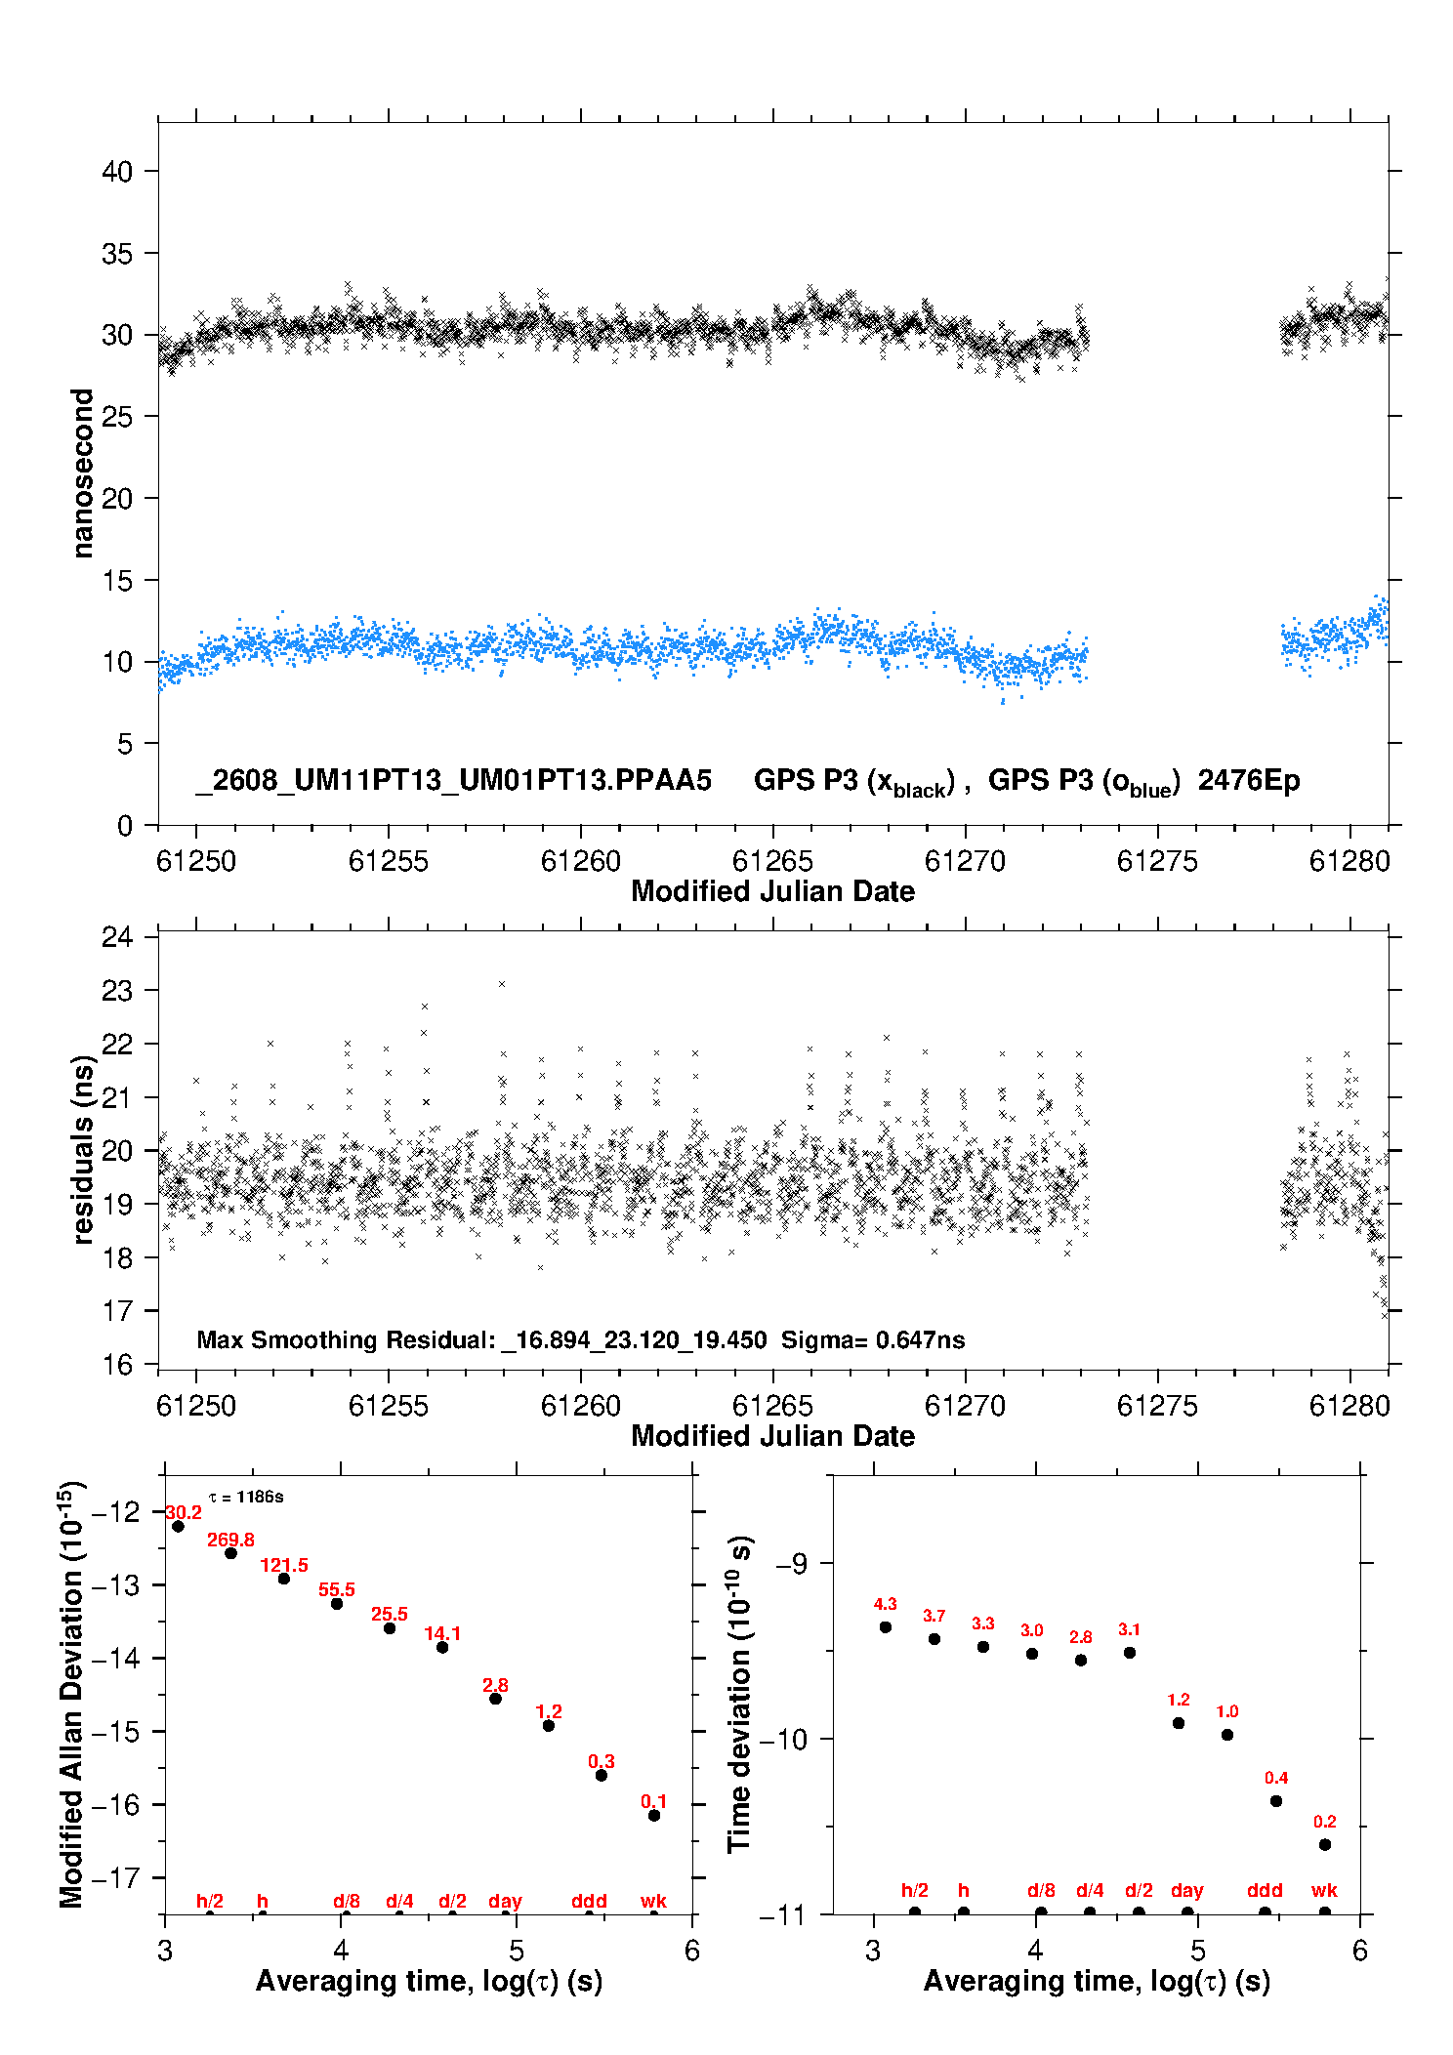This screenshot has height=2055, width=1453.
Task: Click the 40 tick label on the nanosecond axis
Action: pos(117,172)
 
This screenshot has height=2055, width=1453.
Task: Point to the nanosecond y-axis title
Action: pos(82,473)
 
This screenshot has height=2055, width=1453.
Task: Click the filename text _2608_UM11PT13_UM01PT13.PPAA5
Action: pos(453,781)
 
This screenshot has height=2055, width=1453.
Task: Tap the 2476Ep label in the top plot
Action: pos(1249,781)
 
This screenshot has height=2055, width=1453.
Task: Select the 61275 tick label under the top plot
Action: pos(1157,861)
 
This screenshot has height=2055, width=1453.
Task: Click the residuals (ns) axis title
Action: pos(83,1149)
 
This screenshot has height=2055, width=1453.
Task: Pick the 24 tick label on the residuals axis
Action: pos(117,937)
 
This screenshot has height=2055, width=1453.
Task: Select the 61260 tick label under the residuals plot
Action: pos(581,1406)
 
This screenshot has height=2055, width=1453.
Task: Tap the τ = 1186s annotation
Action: pos(246,1497)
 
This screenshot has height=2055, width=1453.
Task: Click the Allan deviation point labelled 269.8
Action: pos(231,1553)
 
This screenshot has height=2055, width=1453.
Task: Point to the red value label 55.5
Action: pos(337,1589)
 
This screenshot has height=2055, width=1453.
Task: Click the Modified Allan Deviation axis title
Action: pos(71,1695)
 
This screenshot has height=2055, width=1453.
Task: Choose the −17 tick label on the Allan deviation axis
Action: pos(115,1877)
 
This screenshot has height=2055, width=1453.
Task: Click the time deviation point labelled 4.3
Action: pos(886,1626)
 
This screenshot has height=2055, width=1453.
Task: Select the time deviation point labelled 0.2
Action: pos(1325,1844)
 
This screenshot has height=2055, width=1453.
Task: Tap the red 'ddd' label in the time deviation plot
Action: pos(1265,1890)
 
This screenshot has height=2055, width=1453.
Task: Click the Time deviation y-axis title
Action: pos(740,1694)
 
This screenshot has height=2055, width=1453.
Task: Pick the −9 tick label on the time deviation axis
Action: pos(792,1563)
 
